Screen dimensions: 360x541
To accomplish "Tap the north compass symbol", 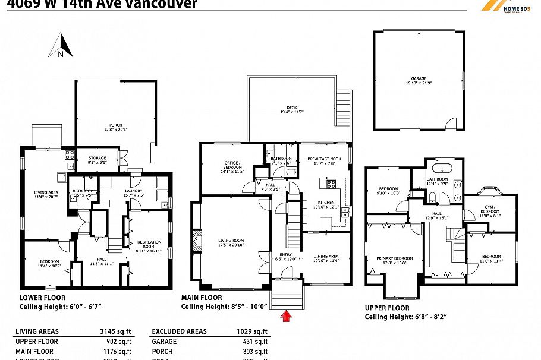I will point(61,46).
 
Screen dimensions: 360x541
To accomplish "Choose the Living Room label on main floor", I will point(231,240).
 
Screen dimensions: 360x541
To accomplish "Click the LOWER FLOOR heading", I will point(42,298).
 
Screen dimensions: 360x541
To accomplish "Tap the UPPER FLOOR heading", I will point(388,308).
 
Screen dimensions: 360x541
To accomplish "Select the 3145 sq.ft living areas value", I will point(119,331).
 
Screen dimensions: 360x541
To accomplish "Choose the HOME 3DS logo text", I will point(516,8).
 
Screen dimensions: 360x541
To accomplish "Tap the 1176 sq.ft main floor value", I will point(119,352).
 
